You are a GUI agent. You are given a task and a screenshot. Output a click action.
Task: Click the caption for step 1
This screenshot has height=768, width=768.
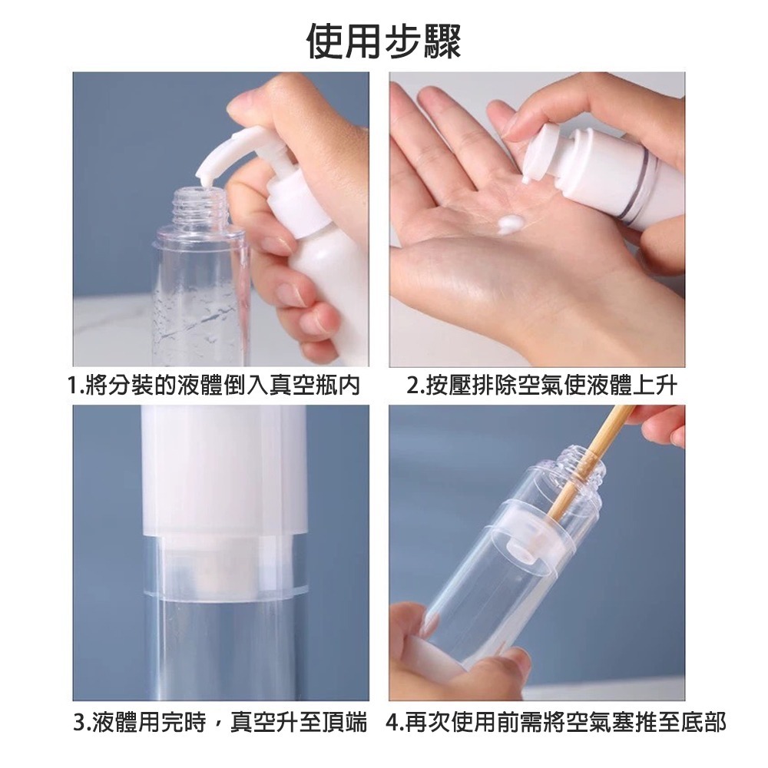tap(214, 385)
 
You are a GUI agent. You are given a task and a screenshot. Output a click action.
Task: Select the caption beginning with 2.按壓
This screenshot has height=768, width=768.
tap(541, 385)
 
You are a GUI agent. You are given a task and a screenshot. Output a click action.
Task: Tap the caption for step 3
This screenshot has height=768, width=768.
tap(220, 723)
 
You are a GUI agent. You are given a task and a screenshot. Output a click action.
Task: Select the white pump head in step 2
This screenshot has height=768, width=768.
tap(546, 153)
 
